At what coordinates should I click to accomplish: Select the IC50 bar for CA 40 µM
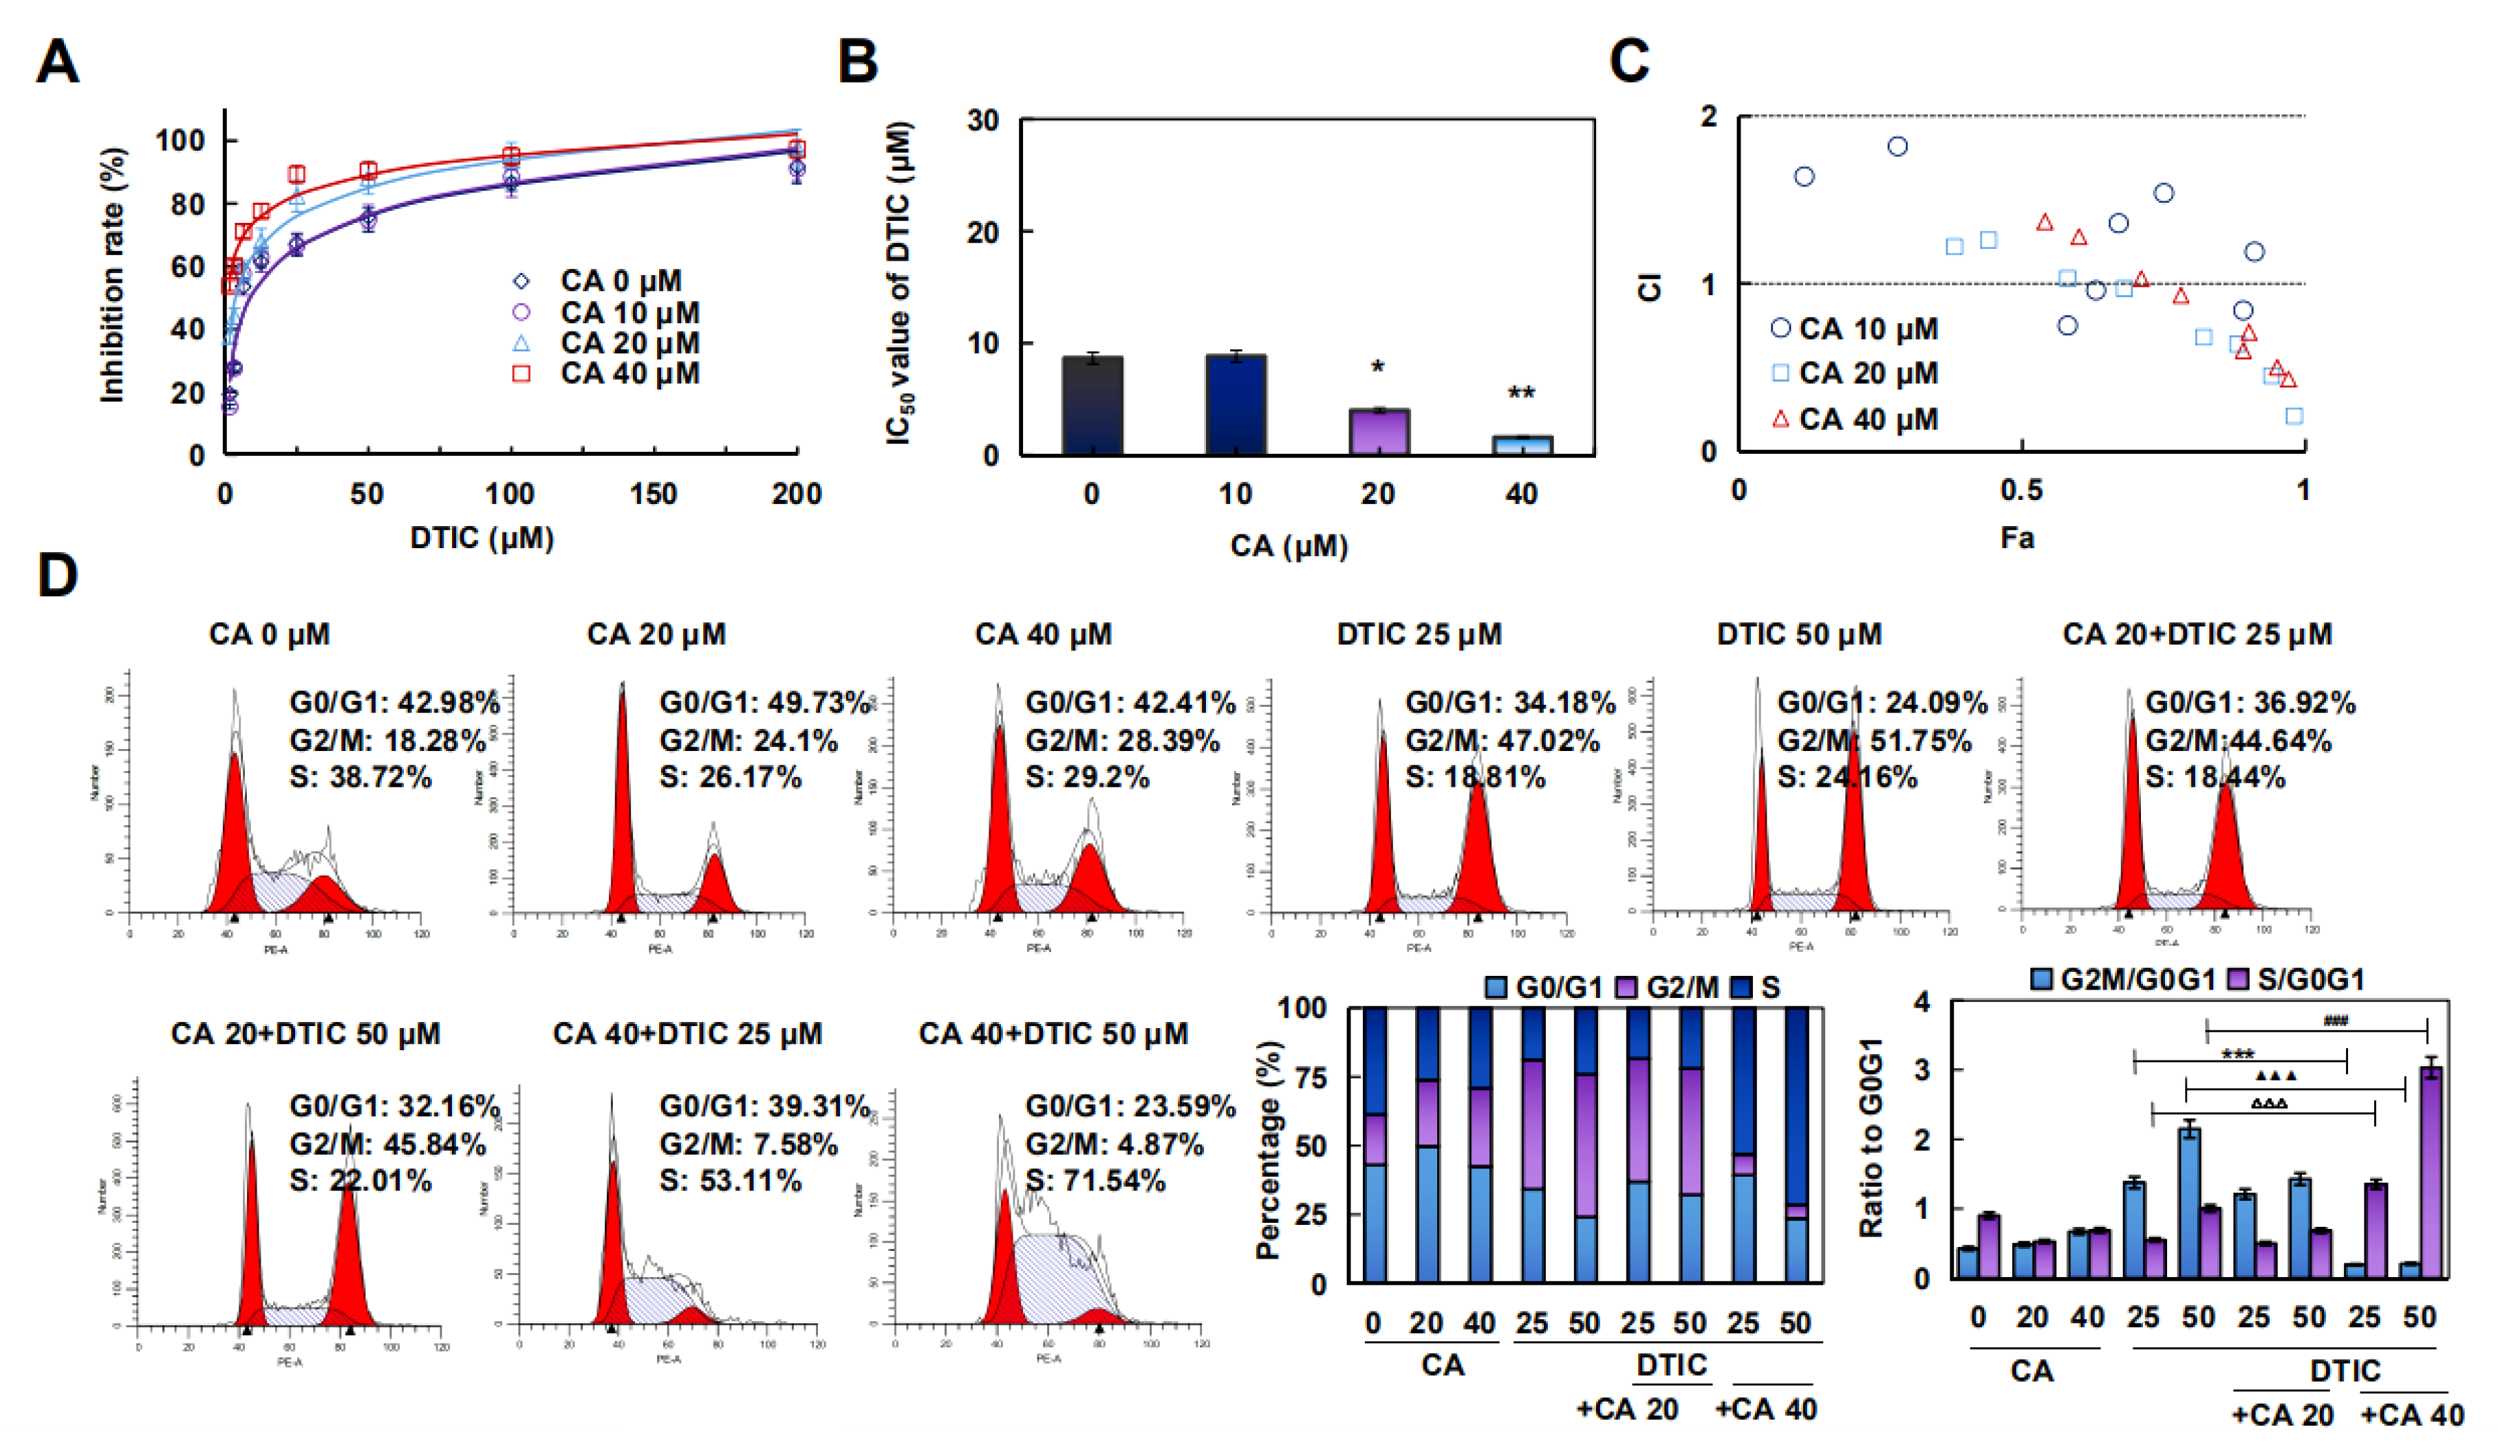[1522, 445]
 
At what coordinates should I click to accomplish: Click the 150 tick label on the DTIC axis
[654, 494]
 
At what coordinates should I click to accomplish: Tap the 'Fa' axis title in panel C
[2017, 538]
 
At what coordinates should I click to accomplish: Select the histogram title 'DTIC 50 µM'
[1799, 634]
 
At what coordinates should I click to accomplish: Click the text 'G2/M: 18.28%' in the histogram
[387, 740]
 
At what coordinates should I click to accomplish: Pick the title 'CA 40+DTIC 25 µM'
[687, 1034]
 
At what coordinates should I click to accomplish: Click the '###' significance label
[2336, 1021]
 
